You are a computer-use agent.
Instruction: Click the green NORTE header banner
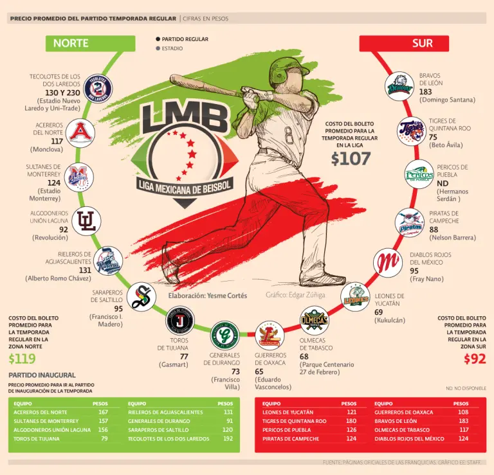tap(89, 44)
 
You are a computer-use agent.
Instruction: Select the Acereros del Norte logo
tap(80, 133)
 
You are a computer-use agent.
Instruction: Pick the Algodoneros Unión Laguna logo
tap(86, 220)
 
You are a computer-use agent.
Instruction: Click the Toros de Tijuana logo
tap(179, 319)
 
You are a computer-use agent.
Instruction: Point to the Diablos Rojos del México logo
tap(387, 261)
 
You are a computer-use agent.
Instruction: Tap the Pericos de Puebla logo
tap(419, 174)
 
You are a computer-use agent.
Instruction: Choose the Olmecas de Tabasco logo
tap(315, 319)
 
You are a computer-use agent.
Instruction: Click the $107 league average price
tap(351, 159)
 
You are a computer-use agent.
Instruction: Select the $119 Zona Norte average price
tap(22, 359)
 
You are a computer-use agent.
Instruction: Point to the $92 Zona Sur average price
tap(475, 359)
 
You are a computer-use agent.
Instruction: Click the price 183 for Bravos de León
tap(425, 92)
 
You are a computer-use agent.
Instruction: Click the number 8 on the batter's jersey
tap(289, 136)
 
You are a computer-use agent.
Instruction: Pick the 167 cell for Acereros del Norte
tap(103, 412)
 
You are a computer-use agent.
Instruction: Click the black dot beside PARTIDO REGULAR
tap(158, 39)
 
